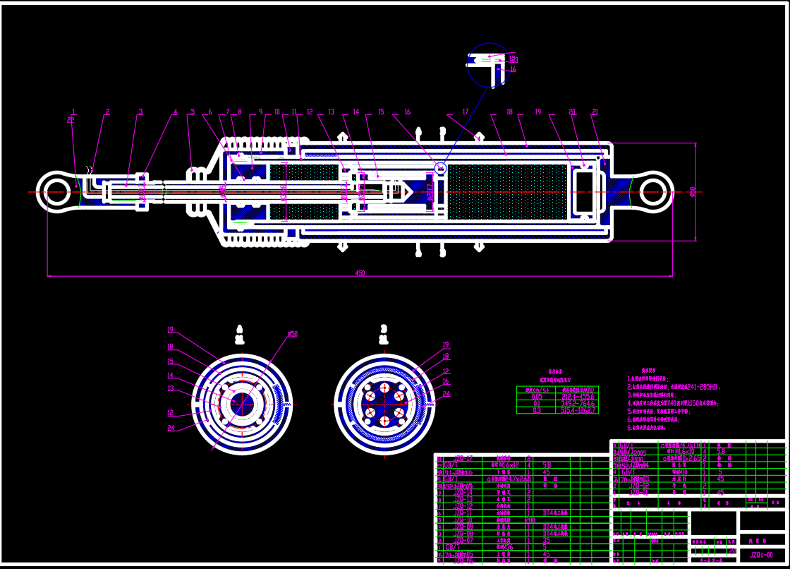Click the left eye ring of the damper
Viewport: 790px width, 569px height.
tap(56, 191)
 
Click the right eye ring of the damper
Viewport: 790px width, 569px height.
tap(653, 191)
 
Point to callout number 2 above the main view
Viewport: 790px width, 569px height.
tap(107, 112)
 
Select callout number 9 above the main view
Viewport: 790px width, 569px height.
tap(260, 112)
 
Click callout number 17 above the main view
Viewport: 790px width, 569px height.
tap(465, 112)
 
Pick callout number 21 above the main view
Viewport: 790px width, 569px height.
tap(595, 112)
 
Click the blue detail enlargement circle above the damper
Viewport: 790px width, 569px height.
tap(488, 65)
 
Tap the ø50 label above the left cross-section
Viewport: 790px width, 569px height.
tap(292, 334)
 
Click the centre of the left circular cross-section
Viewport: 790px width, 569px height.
tap(242, 405)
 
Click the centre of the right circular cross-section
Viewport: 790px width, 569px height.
tap(384, 405)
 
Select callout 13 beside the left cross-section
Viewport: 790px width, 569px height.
tap(170, 388)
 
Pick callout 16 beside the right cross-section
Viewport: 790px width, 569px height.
tap(445, 381)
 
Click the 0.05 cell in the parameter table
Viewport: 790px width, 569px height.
tap(537, 396)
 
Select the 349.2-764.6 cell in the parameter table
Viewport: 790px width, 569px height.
tap(578, 403)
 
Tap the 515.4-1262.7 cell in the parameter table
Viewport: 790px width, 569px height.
tap(578, 409)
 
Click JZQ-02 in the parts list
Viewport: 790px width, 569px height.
tap(640, 485)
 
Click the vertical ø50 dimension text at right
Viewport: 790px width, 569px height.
tap(693, 191)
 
